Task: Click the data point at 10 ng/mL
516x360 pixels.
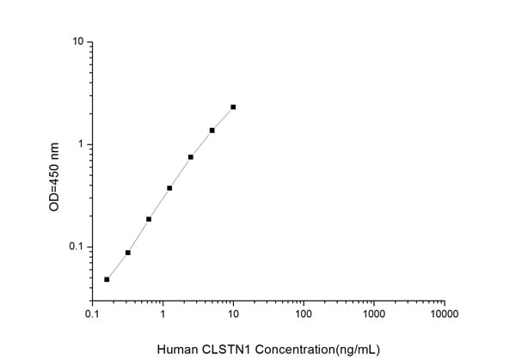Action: tap(233, 107)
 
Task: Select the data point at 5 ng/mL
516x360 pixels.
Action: tap(212, 131)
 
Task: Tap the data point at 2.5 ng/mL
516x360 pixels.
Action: tap(190, 157)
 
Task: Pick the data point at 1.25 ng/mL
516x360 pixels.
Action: tap(169, 188)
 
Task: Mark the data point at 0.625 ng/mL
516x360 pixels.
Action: tap(149, 219)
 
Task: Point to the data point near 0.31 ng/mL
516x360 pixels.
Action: tap(128, 253)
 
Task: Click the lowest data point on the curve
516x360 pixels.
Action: tap(107, 279)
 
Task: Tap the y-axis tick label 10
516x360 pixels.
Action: tap(77, 42)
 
